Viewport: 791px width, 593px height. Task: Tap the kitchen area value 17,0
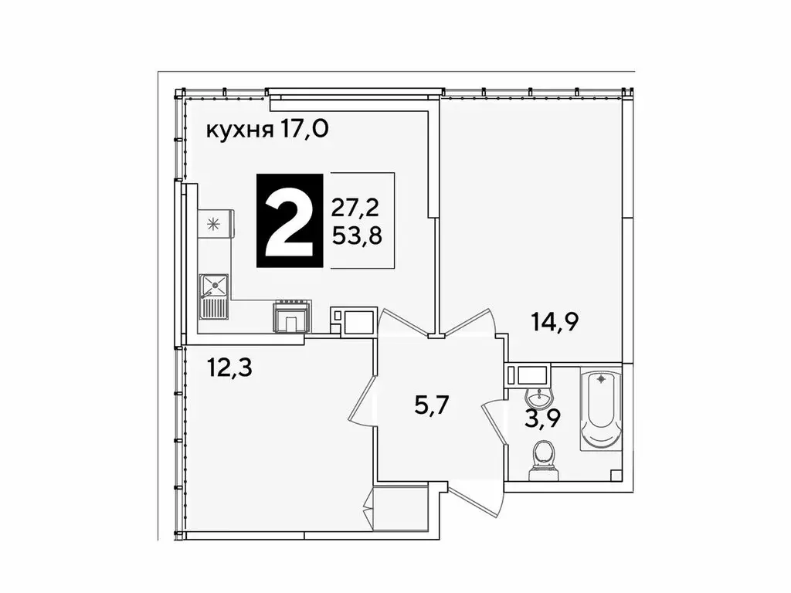(x=304, y=130)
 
